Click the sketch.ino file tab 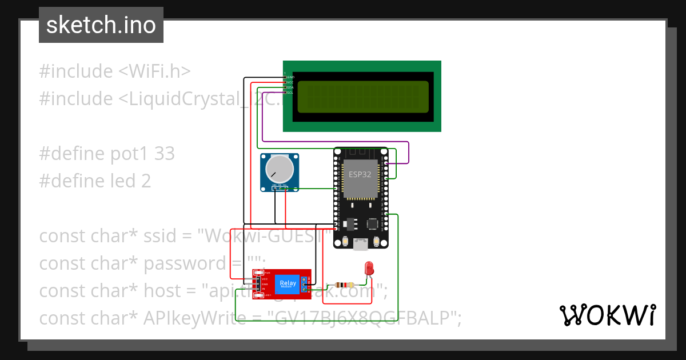101,25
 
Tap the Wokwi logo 607,315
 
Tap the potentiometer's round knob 279,169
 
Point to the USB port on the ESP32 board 361,244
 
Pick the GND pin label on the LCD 290,77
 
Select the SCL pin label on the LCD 290,93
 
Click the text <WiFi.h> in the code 154,71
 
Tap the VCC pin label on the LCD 290,82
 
